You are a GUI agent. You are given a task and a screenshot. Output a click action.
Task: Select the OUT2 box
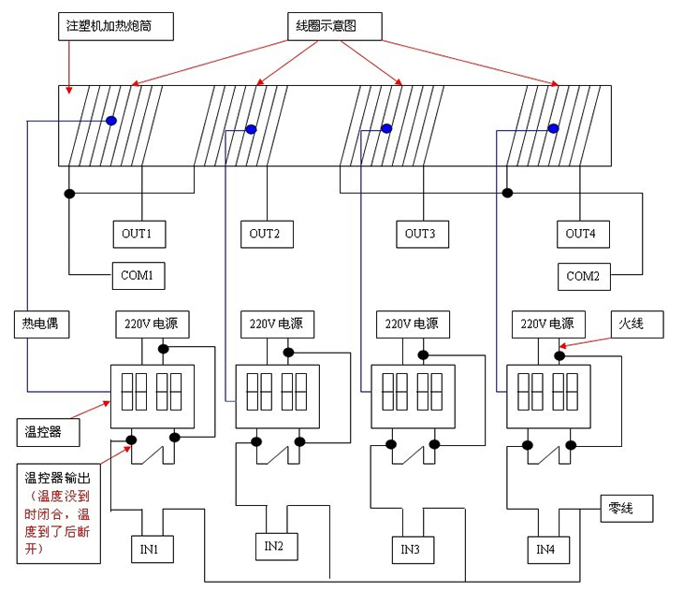click(265, 233)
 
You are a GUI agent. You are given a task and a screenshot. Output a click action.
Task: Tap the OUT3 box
click(421, 233)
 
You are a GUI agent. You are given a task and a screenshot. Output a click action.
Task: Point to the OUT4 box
click(580, 233)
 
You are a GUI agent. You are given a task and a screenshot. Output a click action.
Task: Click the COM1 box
click(143, 276)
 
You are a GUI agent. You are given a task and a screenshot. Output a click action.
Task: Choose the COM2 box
click(583, 276)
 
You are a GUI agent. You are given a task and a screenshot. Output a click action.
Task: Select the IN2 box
click(274, 545)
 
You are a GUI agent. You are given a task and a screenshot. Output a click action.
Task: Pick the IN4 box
click(545, 548)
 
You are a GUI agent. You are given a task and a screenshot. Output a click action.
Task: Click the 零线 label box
click(624, 509)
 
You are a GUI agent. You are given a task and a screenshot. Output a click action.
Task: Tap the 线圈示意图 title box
click(334, 26)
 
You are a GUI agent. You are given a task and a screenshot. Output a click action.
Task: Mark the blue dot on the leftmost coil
click(110, 121)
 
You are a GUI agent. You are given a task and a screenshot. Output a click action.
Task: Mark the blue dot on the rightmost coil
click(553, 128)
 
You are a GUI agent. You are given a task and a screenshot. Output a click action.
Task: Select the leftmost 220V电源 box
click(153, 324)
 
